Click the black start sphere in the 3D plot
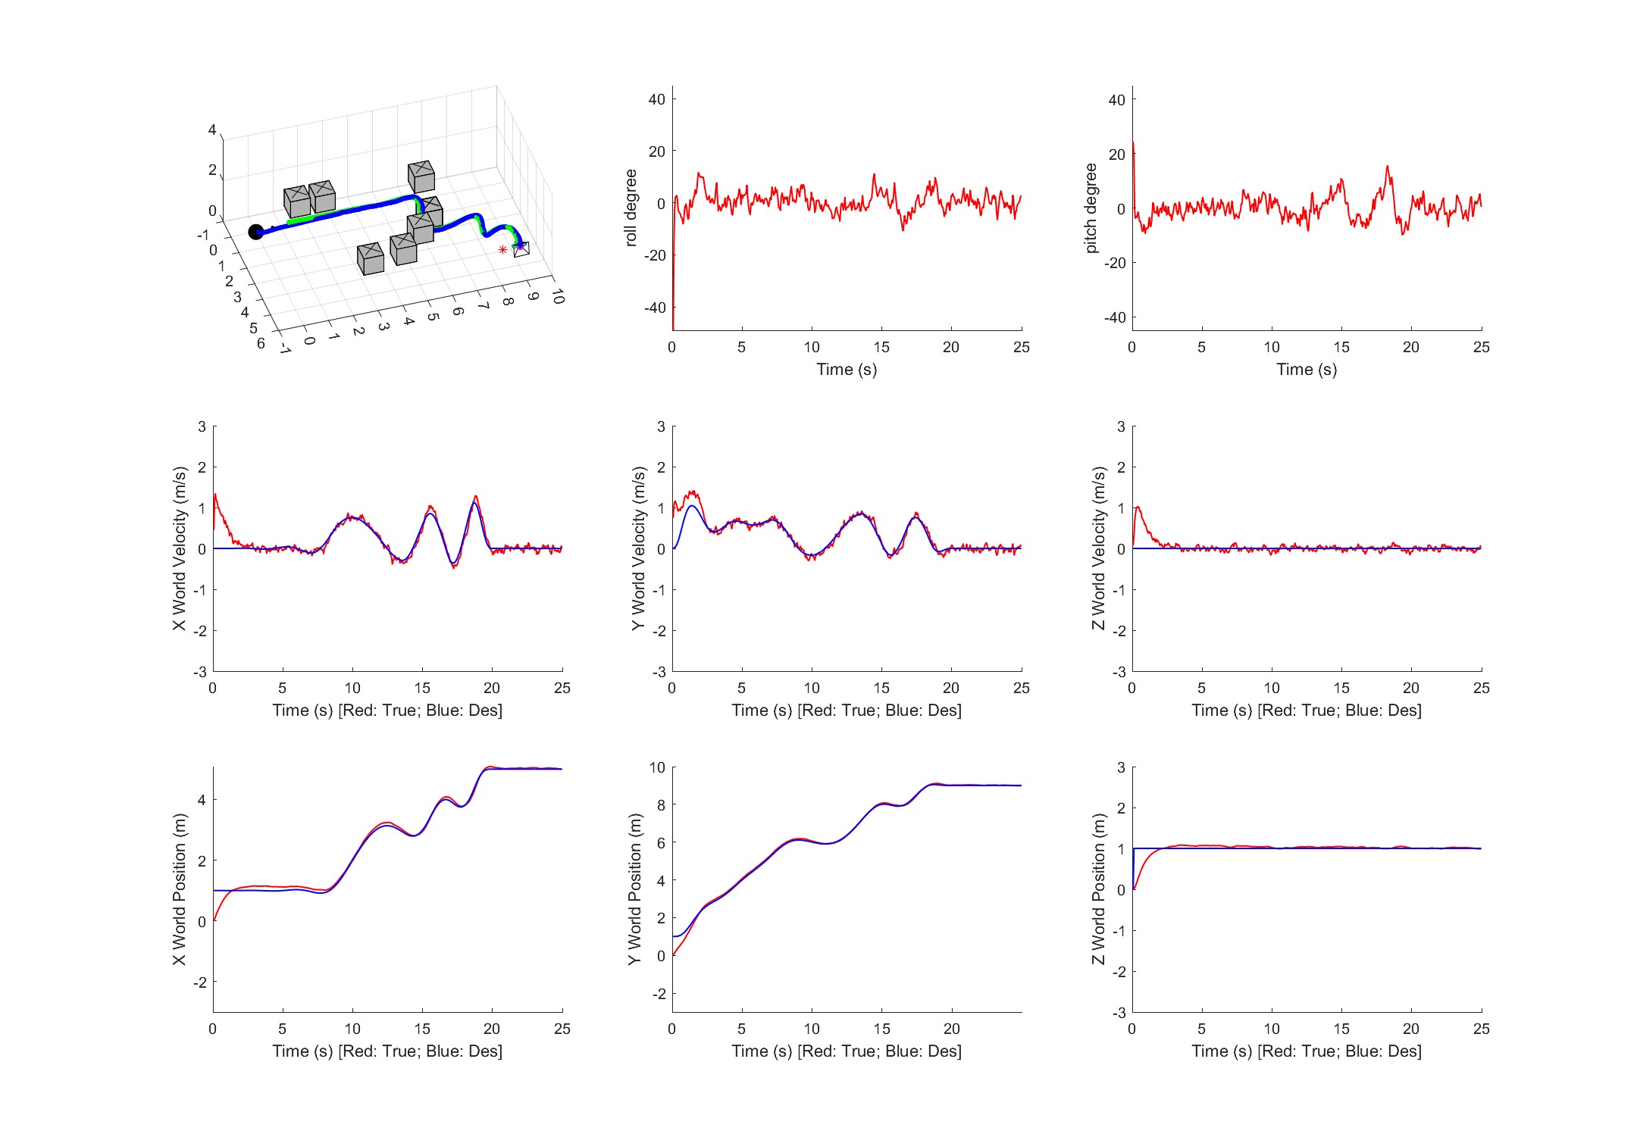point(256,232)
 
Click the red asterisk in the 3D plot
point(502,250)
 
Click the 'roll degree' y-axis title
point(631,208)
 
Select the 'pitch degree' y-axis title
point(1091,208)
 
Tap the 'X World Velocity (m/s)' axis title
point(179,548)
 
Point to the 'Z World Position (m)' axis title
point(1098,889)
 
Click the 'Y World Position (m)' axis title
point(635,889)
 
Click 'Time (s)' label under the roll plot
point(847,370)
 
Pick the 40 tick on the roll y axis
point(657,99)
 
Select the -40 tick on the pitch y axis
point(1115,317)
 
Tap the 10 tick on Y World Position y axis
point(657,767)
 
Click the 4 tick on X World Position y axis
point(202,800)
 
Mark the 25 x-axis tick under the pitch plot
point(1482,347)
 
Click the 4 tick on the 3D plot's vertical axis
point(212,130)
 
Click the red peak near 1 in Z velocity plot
point(1138,508)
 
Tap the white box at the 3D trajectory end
point(521,248)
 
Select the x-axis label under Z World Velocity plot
point(1307,711)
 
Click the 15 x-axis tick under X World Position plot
point(422,1029)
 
